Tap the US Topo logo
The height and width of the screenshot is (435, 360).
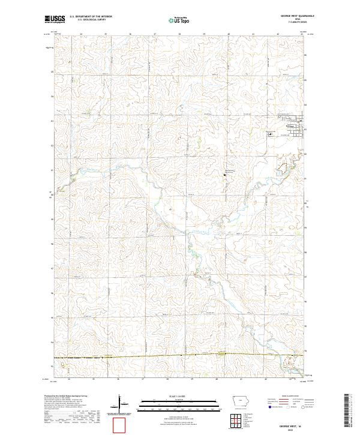point(179,19)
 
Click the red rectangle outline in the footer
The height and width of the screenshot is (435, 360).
point(120,425)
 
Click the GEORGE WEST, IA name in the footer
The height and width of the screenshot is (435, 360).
point(289,424)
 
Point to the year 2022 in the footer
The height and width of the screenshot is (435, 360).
point(289,428)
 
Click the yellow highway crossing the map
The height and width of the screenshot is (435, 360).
point(180,355)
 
